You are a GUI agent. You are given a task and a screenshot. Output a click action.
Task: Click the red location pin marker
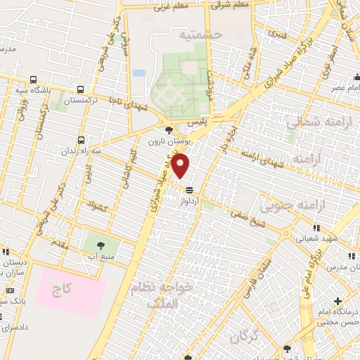pos(181,166)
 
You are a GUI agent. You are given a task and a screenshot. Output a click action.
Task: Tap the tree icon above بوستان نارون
pos(168,130)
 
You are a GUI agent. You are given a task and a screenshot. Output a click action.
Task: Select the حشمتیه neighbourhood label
pos(200,34)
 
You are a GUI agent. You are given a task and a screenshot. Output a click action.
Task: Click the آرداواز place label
pos(192,201)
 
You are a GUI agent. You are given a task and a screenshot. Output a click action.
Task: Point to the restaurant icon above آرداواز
pos(189,189)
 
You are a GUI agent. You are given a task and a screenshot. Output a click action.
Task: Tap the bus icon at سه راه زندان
pos(82,140)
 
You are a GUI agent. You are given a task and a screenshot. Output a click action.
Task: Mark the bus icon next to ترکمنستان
pos(82,90)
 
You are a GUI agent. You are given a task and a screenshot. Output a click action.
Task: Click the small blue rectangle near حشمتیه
pos(139,72)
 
